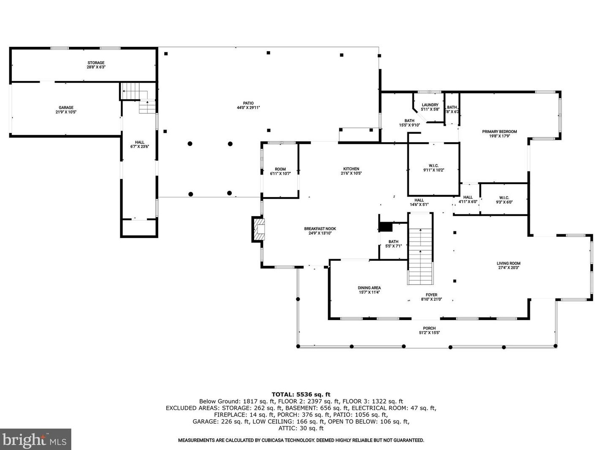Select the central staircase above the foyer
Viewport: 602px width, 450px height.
[x=420, y=249]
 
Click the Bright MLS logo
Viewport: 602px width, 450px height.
[x=35, y=439]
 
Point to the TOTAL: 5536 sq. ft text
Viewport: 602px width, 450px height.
[x=301, y=395]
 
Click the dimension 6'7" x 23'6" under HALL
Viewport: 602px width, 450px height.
[x=140, y=147]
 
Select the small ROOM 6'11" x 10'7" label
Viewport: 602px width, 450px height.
[x=280, y=171]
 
